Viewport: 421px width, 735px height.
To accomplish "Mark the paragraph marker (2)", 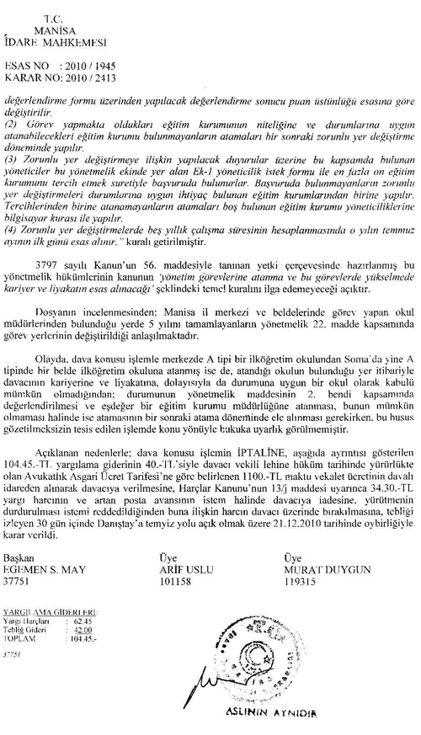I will [x=10, y=125].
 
